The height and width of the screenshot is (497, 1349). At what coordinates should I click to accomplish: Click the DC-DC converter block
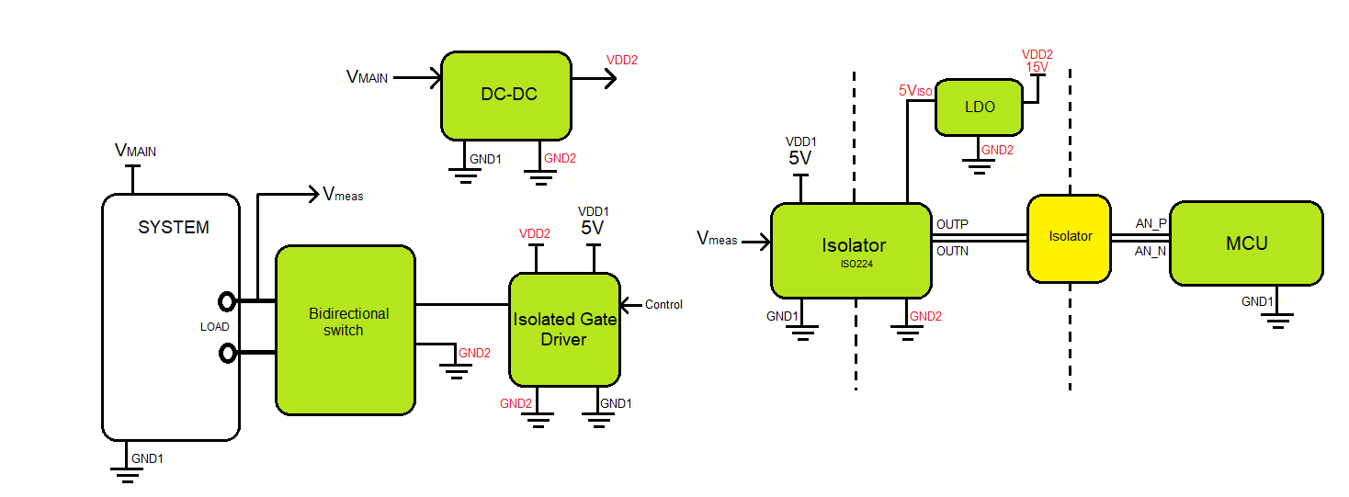coord(507,96)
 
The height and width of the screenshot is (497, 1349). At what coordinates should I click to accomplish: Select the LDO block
coord(980,107)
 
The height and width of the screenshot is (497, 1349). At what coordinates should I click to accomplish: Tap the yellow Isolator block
coord(1070,238)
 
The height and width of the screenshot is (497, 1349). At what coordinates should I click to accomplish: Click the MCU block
coord(1246,243)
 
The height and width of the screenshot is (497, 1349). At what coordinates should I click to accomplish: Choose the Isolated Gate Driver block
coord(564,329)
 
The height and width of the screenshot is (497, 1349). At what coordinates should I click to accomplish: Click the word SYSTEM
coord(174,228)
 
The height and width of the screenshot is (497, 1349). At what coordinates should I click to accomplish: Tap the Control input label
coord(663,305)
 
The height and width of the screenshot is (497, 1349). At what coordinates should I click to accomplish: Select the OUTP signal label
coord(952,225)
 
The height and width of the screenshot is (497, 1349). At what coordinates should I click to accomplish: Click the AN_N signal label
coord(1151,250)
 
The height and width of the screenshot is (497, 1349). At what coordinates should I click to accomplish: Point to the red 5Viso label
coord(915,91)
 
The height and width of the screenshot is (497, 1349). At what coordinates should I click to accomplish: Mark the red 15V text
coord(1037,67)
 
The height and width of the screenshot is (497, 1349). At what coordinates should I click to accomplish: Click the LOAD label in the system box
coord(215,327)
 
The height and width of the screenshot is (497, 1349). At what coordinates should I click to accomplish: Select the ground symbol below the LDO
coord(979,166)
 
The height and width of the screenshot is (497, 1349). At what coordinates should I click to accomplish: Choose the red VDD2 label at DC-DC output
coord(621,61)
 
